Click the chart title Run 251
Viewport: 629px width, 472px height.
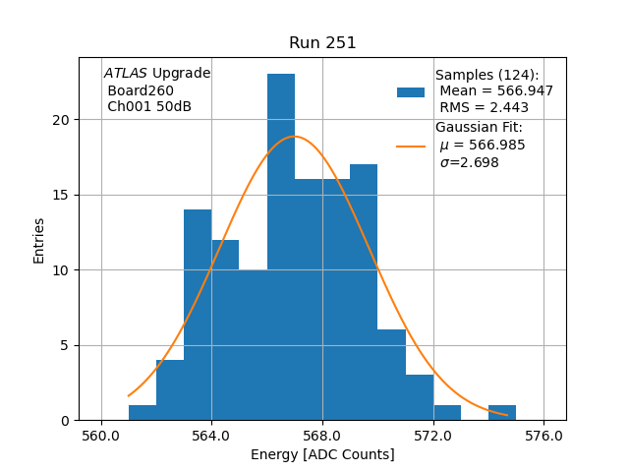322,43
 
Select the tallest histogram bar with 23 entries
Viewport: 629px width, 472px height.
281,246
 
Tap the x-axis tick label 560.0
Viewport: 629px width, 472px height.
101,436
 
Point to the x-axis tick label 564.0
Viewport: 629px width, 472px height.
211,436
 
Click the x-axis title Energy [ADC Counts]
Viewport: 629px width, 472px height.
322,454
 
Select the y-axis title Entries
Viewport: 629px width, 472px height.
39,240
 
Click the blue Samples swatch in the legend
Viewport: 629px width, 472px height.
411,91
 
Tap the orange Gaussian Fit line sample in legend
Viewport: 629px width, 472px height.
411,146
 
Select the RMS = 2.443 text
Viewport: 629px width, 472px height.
484,108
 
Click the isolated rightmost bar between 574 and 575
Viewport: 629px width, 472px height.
502,413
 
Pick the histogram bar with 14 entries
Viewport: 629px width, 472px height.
198,315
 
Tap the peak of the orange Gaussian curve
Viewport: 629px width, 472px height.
294,137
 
